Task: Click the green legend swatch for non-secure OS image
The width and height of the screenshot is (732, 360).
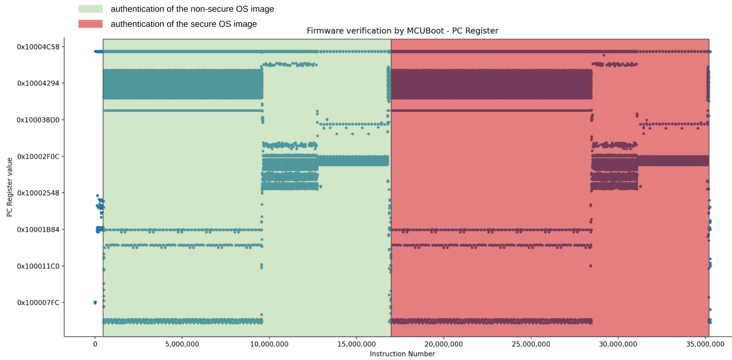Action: [x=90, y=9]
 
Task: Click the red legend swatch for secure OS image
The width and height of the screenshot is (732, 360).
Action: [x=90, y=24]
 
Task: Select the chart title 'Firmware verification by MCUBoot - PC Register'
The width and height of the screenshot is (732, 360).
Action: [x=402, y=31]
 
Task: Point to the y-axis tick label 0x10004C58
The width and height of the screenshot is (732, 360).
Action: [x=38, y=47]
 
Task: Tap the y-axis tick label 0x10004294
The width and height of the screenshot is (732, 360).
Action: [x=38, y=83]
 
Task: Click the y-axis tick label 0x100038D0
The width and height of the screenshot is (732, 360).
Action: [x=38, y=120]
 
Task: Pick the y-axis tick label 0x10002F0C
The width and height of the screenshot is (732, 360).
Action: [x=38, y=157]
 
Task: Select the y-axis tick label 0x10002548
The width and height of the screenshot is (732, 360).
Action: [x=38, y=193]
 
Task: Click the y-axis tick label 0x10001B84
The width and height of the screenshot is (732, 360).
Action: [x=38, y=230]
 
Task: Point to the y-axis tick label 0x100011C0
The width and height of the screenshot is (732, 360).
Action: [x=38, y=266]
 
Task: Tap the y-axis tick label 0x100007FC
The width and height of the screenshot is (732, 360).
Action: [x=38, y=302]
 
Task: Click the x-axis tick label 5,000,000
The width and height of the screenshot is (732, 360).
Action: [x=182, y=344]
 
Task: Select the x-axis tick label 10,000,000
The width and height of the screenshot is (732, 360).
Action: [x=269, y=344]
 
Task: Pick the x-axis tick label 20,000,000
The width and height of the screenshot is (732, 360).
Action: [x=444, y=344]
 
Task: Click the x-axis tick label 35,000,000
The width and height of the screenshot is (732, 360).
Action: [x=705, y=344]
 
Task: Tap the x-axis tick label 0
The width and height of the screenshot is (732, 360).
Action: [x=95, y=344]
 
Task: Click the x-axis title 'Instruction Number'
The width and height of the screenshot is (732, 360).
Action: [x=402, y=354]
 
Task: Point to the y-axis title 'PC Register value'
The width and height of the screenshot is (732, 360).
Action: [x=10, y=187]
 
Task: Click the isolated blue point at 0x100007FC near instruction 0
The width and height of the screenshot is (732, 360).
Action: [x=95, y=302]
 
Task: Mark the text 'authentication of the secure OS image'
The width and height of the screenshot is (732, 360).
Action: [x=184, y=24]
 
